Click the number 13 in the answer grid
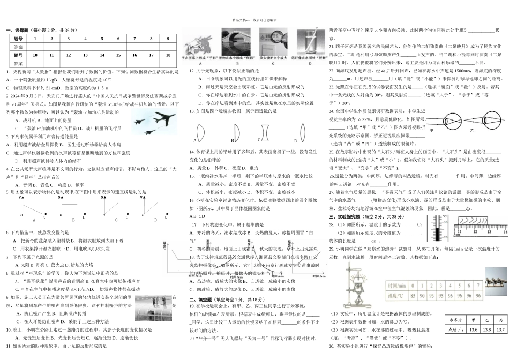(x=85, y=55)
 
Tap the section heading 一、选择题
(x=19, y=31)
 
